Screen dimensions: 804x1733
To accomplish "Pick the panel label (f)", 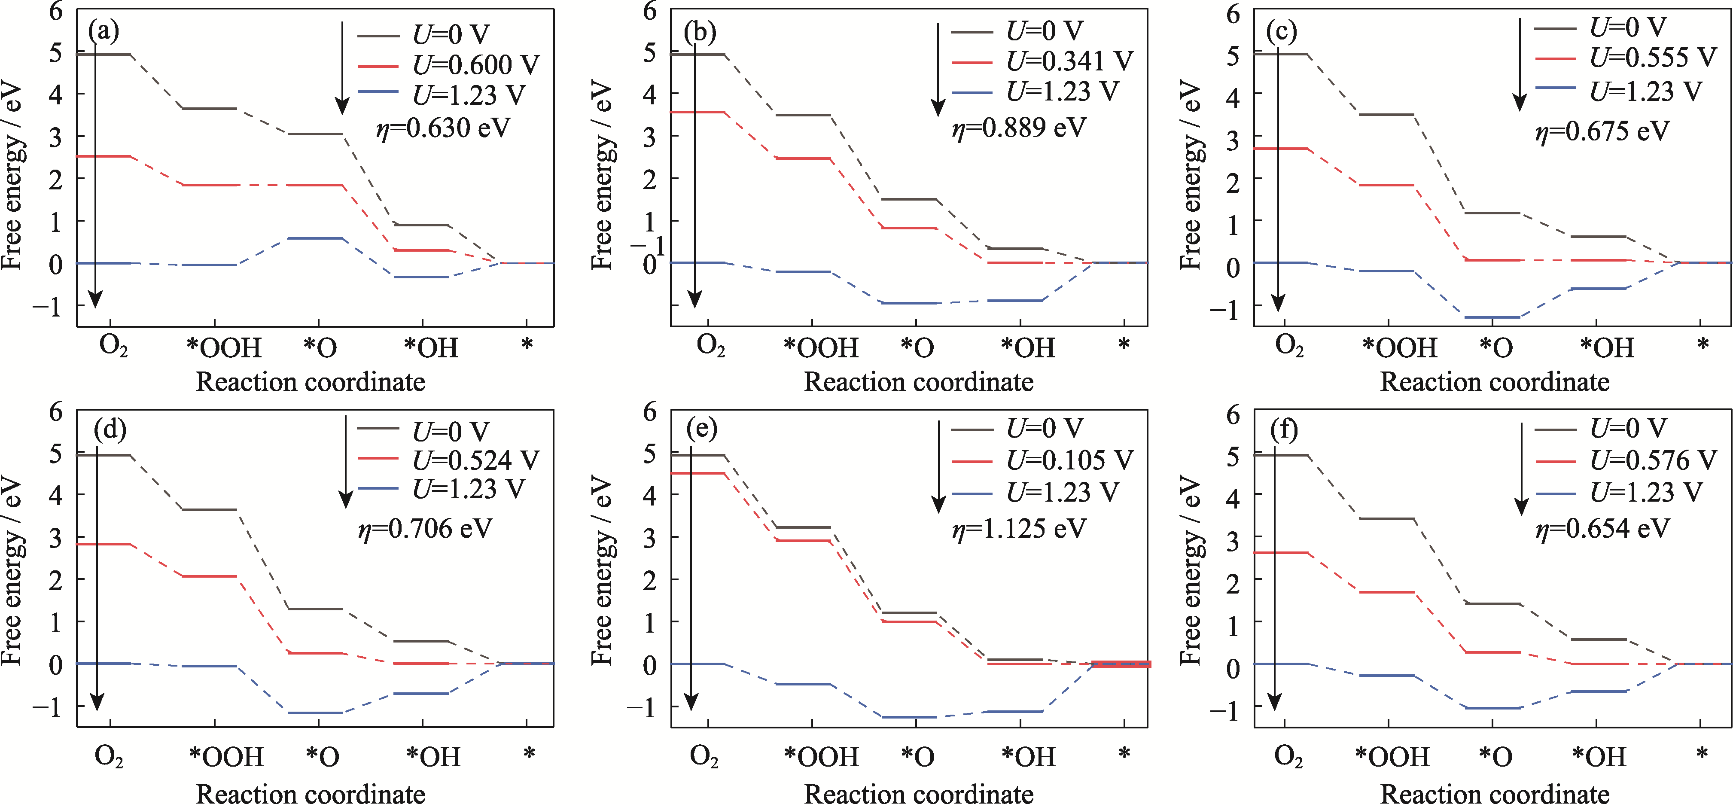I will point(1284,430).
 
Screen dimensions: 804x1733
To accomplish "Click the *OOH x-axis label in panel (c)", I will point(1399,348).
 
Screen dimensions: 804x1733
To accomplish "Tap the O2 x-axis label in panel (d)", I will point(109,756).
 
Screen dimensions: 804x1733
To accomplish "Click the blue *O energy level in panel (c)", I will point(1492,317).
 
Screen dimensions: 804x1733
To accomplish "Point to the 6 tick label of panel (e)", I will point(649,411).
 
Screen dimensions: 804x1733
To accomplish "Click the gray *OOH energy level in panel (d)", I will point(209,509).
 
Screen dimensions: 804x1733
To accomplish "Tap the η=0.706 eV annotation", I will point(425,529).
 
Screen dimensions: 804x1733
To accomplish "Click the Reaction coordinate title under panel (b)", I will point(918,382).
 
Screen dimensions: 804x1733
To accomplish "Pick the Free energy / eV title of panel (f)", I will point(1191,570).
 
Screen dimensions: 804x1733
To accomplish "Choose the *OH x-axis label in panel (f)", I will point(1599,756).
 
